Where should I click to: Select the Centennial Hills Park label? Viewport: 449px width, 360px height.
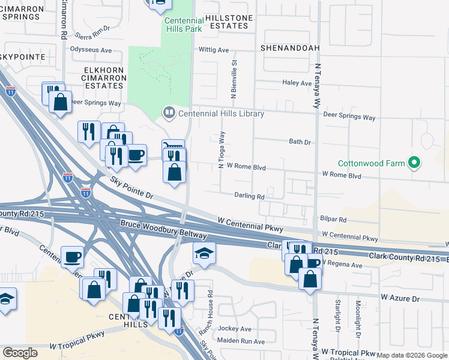tap(184, 25)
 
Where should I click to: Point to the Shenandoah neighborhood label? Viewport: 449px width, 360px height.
tap(290, 47)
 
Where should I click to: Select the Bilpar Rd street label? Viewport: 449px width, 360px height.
tap(334, 220)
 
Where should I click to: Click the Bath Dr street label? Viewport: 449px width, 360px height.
tap(300, 142)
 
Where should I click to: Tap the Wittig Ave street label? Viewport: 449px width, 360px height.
tap(214, 50)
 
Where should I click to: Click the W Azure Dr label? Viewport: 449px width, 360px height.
tap(397, 297)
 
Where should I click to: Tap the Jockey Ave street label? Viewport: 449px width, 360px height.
tap(238, 329)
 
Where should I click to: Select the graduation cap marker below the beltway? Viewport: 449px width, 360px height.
tap(204, 253)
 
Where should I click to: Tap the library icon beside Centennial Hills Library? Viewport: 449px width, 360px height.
tap(169, 112)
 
